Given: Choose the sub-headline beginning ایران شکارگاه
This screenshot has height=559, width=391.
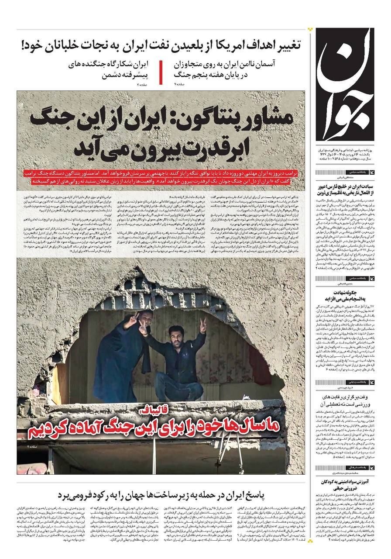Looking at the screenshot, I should point(110,69).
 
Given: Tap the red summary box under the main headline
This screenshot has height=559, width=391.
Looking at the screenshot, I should point(161,176).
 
